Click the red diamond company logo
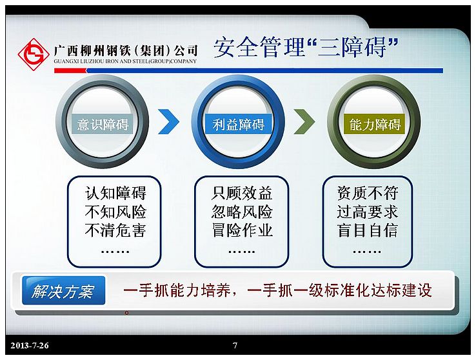pos(34,54)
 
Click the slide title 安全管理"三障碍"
pos(306,47)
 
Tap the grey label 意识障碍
pos(103,124)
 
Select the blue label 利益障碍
pos(238,124)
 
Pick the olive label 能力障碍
pos(375,124)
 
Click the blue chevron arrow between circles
pos(169,121)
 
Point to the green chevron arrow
pos(304,121)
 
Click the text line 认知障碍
pos(115,193)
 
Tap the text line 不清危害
pos(115,230)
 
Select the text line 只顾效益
pos(242,193)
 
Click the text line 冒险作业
pos(242,230)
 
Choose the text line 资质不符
pos(368,193)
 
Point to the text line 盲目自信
pos(368,230)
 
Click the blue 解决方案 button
pos(63,290)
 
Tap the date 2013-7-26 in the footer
pos(30,345)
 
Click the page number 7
pos(235,345)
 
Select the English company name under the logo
pos(125,61)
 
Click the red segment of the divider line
pos(70,71)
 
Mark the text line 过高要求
pos(368,212)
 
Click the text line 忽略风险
pos(242,212)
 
